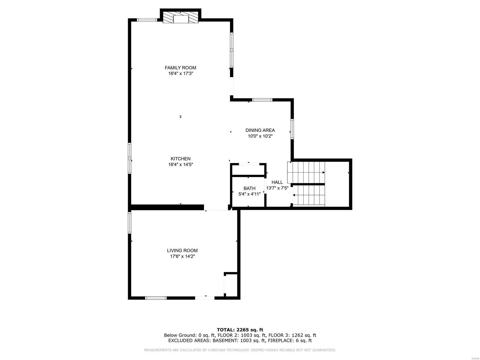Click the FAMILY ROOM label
point(180,68)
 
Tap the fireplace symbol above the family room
point(181,18)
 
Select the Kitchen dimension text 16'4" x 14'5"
point(180,164)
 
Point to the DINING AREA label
point(260,130)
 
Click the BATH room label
point(249,188)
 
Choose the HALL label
point(277,182)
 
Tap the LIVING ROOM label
point(182,250)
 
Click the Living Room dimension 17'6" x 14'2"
point(182,256)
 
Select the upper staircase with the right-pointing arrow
point(306,172)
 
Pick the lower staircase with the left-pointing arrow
point(309,195)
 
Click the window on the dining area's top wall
point(262,100)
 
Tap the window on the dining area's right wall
point(292,129)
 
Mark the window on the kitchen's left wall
point(130,158)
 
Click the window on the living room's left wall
point(130,223)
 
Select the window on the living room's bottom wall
point(156,298)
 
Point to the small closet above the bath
point(248,169)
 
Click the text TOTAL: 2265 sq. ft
point(240,330)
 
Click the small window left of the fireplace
point(147,20)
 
